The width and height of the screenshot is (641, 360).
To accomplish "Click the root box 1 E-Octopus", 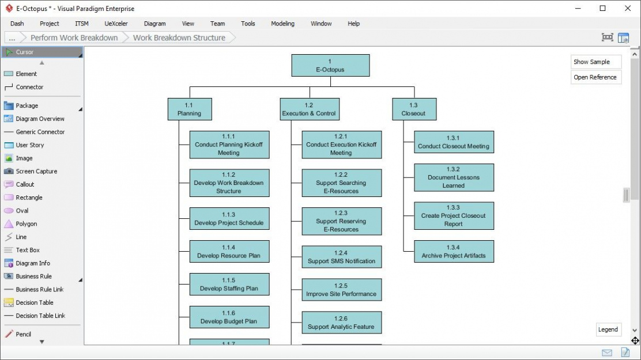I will click(x=330, y=65).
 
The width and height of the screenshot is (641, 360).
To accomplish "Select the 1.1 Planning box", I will click(x=189, y=109).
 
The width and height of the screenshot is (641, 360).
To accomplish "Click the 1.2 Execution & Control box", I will click(x=309, y=109).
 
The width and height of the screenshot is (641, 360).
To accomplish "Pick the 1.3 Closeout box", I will click(x=413, y=109).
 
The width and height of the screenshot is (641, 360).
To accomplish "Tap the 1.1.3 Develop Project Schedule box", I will click(x=229, y=219).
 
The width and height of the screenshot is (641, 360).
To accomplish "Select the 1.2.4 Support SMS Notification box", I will click(x=341, y=257).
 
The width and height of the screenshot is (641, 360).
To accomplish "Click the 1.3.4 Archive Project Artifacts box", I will click(x=454, y=252).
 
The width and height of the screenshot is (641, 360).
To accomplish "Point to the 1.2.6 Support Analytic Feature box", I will click(x=341, y=323).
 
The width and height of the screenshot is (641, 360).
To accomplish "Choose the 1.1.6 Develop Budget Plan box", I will click(x=229, y=317).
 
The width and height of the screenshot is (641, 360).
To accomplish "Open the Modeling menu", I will click(x=282, y=24).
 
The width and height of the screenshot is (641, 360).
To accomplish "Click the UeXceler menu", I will click(x=116, y=24).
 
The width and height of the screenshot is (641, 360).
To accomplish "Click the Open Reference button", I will click(x=595, y=77).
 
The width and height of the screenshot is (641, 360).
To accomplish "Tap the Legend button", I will click(x=608, y=329).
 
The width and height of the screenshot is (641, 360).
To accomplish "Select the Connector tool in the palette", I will click(x=29, y=87).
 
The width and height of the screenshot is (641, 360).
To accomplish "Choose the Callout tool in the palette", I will click(x=25, y=184).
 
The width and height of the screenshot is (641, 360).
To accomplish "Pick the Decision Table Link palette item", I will click(x=40, y=316).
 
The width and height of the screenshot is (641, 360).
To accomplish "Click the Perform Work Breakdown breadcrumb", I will click(x=74, y=37).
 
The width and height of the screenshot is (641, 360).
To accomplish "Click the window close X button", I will click(x=628, y=8).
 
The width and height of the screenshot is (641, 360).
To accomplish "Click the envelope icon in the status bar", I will click(x=606, y=353).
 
